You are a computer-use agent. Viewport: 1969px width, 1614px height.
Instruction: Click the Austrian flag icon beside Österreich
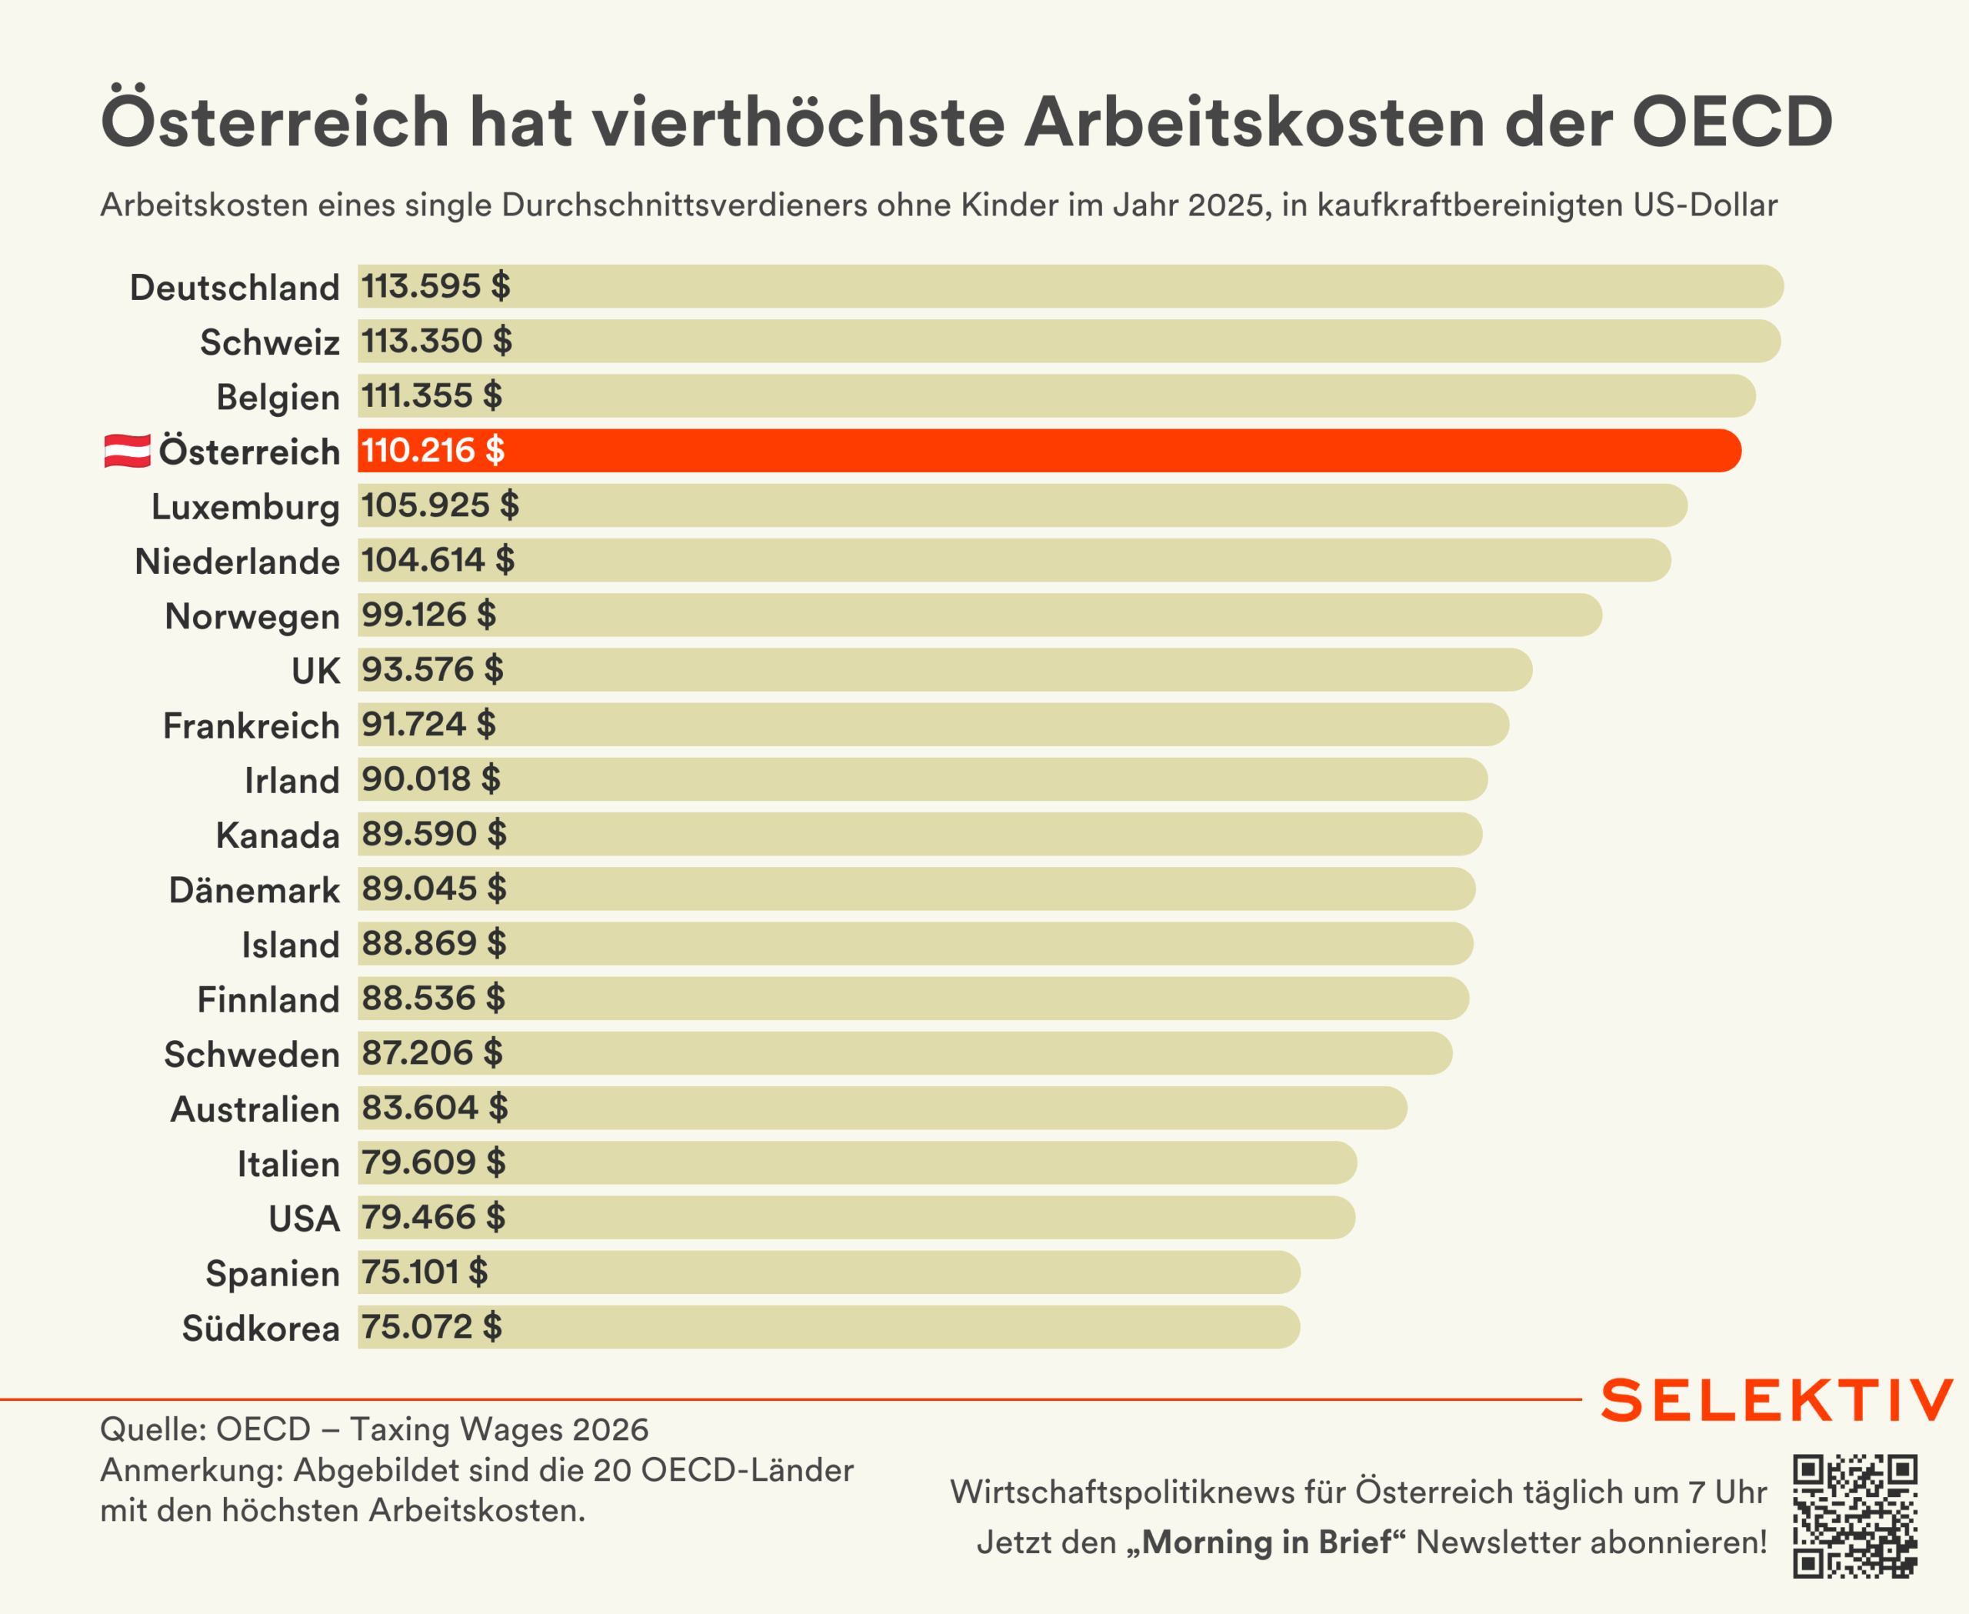128,451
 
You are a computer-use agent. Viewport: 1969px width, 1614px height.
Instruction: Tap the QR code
1854,1516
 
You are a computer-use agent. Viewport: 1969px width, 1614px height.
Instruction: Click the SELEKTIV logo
1777,1400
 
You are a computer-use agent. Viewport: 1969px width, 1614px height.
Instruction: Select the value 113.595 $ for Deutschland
436,286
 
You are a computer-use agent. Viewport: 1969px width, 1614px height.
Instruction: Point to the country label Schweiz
270,343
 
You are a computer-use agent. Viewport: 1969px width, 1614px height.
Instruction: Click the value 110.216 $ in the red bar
432,451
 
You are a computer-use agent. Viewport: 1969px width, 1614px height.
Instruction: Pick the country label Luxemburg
245,508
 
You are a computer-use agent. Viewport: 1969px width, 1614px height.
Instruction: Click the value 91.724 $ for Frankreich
428,725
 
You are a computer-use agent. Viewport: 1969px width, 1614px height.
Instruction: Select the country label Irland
292,781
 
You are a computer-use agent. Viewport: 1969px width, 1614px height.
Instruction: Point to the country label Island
290,945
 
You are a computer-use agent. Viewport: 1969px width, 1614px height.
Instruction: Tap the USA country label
304,1219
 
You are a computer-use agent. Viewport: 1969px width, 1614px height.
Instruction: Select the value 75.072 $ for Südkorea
431,1328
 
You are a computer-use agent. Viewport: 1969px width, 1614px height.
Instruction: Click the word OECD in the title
1732,122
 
